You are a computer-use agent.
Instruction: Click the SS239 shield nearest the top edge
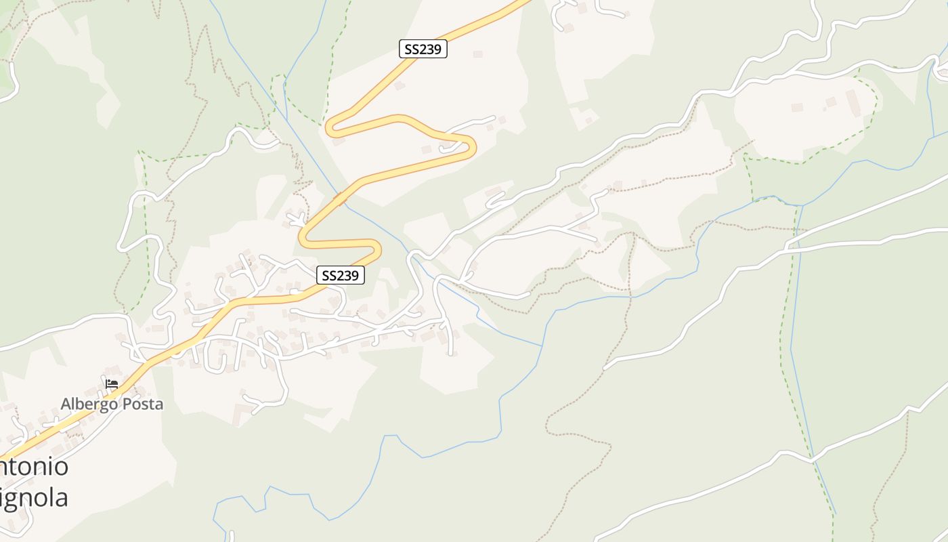tap(423, 49)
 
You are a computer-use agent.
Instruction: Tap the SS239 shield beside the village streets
tap(341, 275)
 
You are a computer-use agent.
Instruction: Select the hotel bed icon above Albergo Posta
tap(112, 384)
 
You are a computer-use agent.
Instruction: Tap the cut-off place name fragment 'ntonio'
tap(34, 467)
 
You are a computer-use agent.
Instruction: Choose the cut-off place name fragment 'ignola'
tap(34, 498)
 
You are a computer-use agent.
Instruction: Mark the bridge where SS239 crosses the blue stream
tap(341, 199)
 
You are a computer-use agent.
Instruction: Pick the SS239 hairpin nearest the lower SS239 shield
tap(376, 249)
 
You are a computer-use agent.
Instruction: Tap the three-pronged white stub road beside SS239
tap(297, 219)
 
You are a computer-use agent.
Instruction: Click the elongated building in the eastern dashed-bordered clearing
tap(852, 102)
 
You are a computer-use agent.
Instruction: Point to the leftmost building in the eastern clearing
tap(797, 107)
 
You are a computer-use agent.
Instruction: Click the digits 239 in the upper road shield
tap(431, 49)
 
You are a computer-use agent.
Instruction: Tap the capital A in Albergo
tap(66, 404)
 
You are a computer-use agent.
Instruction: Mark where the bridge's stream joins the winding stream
tap(542, 346)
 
